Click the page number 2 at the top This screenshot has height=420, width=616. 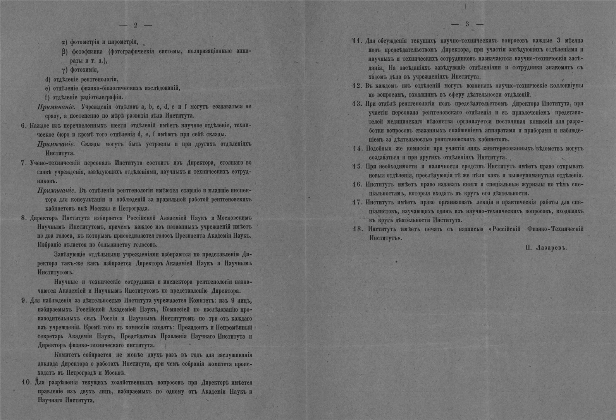click(x=136, y=26)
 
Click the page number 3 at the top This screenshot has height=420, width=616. click(x=467, y=24)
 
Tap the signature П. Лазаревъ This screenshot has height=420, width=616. click(x=546, y=248)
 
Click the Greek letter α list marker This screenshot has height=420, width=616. click(x=64, y=42)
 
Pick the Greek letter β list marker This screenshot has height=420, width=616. click(x=64, y=51)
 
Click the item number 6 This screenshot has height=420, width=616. click(x=23, y=125)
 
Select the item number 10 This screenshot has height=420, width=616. click(x=26, y=382)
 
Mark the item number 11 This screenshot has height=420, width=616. click(x=357, y=41)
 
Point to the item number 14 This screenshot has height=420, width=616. click(x=357, y=149)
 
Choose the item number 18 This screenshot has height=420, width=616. click(x=357, y=229)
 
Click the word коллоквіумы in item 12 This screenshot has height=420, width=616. click(x=565, y=86)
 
